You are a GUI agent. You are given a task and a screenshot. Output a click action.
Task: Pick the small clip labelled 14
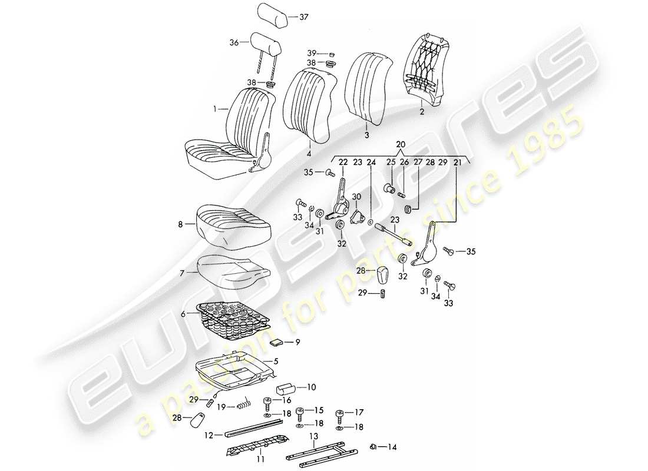pos(374,446)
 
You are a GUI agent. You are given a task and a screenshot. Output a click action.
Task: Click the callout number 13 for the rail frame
pos(314,437)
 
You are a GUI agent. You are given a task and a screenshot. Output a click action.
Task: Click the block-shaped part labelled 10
pos(289,389)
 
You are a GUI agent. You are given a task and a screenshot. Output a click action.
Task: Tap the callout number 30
pos(356,196)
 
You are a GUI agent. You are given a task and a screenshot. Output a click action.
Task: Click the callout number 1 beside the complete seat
pos(215,109)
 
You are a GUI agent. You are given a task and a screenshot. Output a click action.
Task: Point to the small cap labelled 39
pos(331,53)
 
